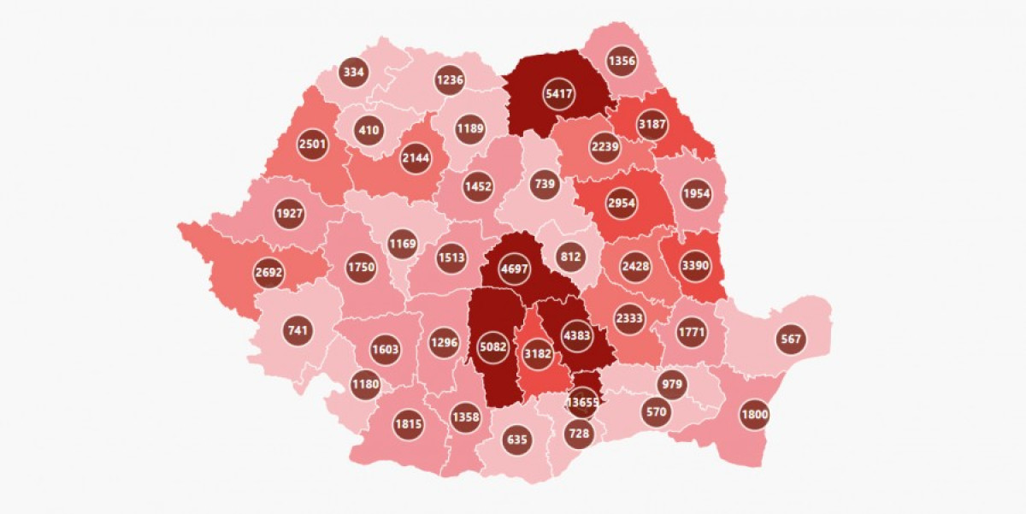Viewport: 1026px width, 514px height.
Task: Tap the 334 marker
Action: [x=354, y=73]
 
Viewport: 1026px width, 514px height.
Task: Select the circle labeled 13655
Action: [x=585, y=401]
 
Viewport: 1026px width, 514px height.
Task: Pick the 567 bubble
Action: [x=791, y=339]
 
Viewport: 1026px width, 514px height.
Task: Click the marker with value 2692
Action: [x=268, y=273]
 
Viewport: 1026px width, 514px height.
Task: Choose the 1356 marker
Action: [x=622, y=61]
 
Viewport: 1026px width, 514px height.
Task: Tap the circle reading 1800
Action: [x=755, y=416]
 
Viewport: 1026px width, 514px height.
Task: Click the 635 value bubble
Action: [x=517, y=440]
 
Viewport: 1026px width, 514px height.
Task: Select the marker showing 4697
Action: [x=516, y=269]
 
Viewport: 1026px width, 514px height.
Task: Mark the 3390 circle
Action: [x=695, y=266]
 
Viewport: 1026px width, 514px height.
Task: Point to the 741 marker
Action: [x=298, y=330]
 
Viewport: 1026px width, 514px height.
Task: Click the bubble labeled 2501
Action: [x=313, y=144]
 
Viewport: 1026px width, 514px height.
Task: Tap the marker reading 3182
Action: [x=538, y=353]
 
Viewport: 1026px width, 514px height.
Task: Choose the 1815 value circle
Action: [x=408, y=423]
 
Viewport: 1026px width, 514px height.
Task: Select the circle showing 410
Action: [x=369, y=131]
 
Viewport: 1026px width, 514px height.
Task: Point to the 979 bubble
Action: [x=672, y=384]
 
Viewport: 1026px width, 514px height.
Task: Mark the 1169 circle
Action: [x=403, y=244]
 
